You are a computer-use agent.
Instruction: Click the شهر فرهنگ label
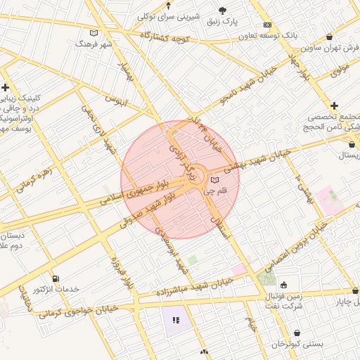pos(94,44)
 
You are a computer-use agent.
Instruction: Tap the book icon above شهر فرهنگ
pos(94,32)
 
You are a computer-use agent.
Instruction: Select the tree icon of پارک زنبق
pos(223,11)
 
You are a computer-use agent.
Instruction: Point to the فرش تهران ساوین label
pos(327,48)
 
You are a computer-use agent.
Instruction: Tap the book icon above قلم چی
pos(214,181)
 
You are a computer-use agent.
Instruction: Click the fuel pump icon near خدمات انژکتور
pos(56,279)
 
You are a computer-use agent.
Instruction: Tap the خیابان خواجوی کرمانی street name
pos(77,311)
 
